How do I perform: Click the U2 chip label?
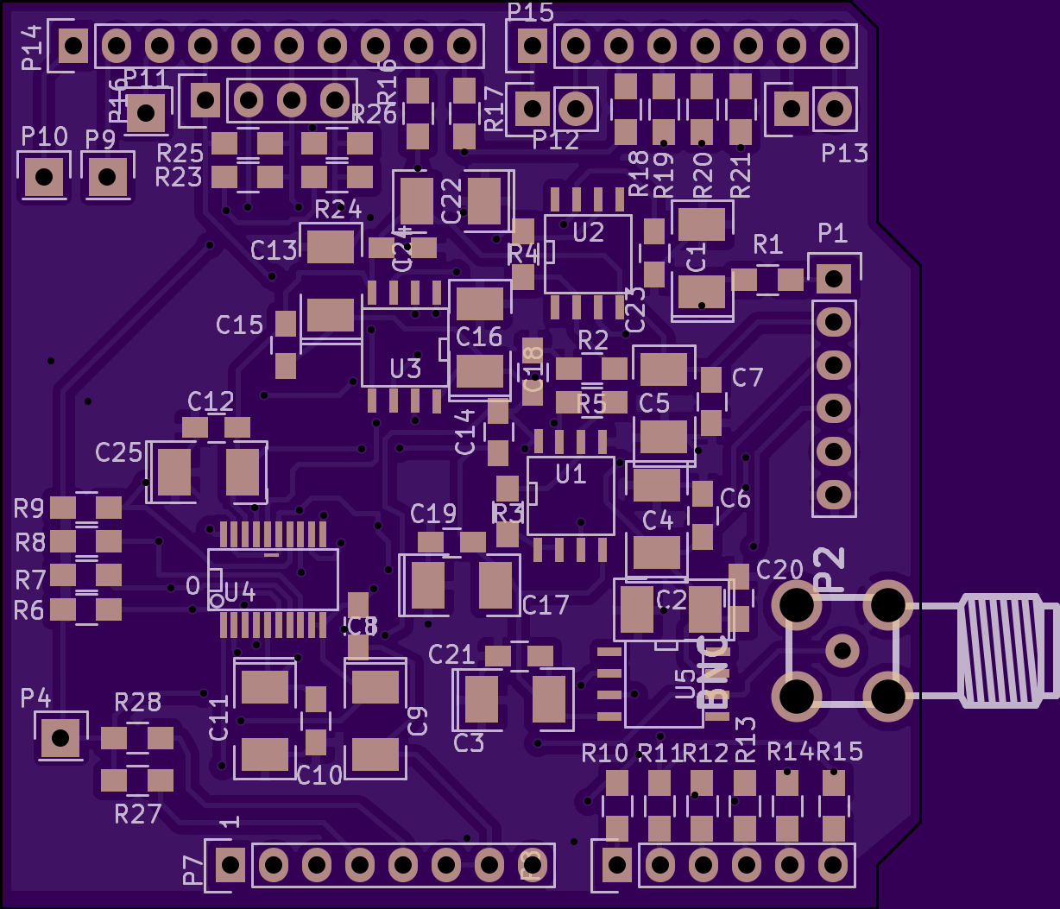tap(589, 232)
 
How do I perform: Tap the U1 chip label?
tap(571, 473)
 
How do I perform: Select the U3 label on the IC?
tap(405, 369)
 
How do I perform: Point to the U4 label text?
tap(239, 592)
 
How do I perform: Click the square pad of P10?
tap(43, 177)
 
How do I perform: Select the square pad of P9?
tap(107, 177)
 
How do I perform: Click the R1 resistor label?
tap(767, 243)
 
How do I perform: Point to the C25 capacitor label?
tap(118, 452)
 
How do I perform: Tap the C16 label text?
tap(479, 337)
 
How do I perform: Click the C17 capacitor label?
tap(546, 605)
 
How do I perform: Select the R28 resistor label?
tap(138, 702)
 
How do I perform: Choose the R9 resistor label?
tap(29, 508)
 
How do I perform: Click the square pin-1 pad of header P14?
tap(74, 45)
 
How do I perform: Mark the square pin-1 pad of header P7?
tap(230, 863)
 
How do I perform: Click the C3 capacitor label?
tap(469, 743)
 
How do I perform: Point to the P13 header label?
tap(844, 154)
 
